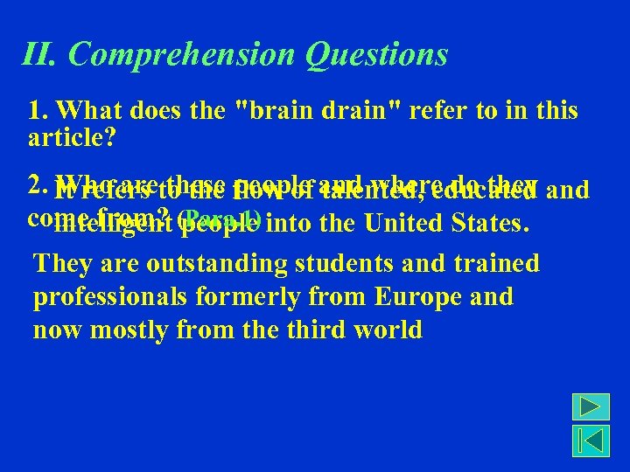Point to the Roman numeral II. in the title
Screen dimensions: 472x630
pyautogui.click(x=40, y=55)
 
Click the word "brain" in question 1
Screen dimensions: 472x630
pyautogui.click(x=279, y=112)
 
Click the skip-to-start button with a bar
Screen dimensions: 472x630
pyautogui.click(x=591, y=441)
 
